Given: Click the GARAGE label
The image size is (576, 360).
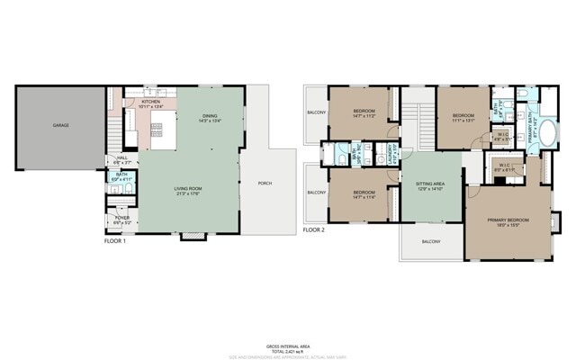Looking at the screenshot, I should (x=60, y=126).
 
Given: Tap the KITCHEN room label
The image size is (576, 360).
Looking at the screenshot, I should (x=150, y=103).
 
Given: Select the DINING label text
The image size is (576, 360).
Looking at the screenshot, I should (x=209, y=116).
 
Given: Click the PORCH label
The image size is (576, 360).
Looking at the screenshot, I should (x=265, y=184).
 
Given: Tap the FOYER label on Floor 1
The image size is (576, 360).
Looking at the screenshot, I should (x=121, y=220).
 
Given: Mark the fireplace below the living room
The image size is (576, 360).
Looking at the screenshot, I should (x=190, y=237).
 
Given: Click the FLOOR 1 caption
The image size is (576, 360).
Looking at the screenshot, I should (x=114, y=242).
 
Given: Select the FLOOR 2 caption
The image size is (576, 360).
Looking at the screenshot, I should (x=313, y=230).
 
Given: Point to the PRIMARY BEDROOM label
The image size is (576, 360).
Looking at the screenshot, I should (x=508, y=221).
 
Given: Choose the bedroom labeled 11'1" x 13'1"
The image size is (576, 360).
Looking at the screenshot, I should (x=463, y=116).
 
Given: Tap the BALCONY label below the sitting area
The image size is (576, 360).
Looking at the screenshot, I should (x=431, y=241).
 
